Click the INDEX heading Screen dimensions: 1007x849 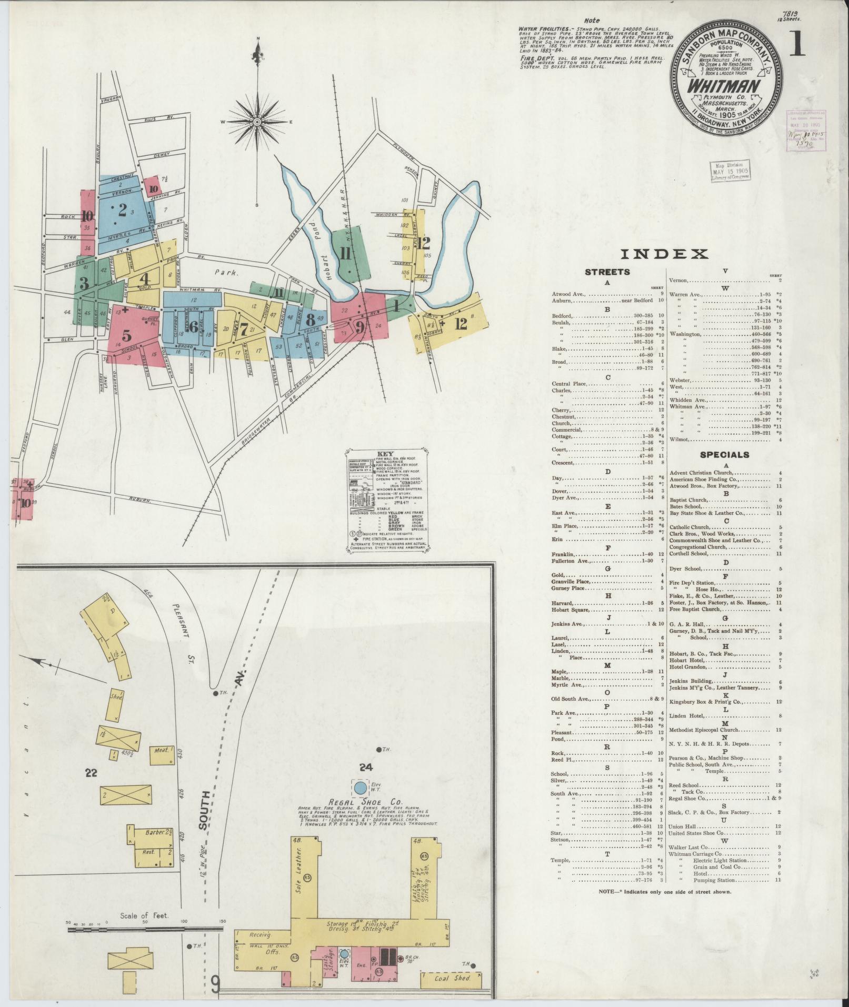pos(664,254)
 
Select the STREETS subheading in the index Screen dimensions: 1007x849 pos(607,272)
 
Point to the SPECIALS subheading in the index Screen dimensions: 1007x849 pos(724,454)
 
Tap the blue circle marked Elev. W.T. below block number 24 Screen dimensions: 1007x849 pos(360,788)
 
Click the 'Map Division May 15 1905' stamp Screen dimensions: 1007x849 pos(730,171)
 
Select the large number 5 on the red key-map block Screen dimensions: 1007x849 pos(126,335)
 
